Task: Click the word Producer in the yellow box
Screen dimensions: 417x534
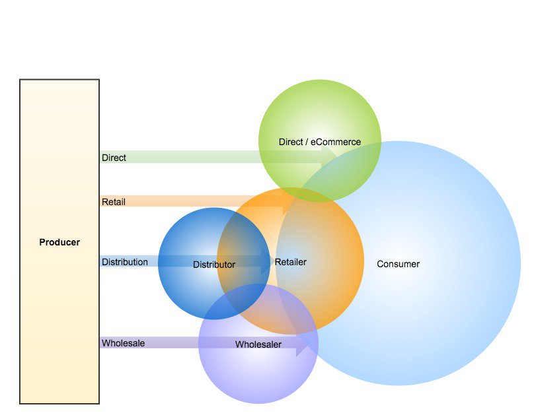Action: point(59,242)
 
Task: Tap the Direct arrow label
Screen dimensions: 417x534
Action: point(114,158)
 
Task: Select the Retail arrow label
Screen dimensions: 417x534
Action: point(114,201)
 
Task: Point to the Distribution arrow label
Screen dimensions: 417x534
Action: point(125,262)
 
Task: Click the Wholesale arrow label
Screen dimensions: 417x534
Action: point(123,343)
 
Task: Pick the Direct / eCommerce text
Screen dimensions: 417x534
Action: point(320,142)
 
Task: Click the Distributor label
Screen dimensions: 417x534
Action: point(214,265)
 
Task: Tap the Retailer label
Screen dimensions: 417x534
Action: point(291,262)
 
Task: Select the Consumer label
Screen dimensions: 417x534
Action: point(398,264)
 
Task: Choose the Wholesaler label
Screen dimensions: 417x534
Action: point(258,344)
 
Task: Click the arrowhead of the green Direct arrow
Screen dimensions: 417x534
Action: point(328,156)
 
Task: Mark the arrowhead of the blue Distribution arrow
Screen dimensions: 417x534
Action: point(266,261)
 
